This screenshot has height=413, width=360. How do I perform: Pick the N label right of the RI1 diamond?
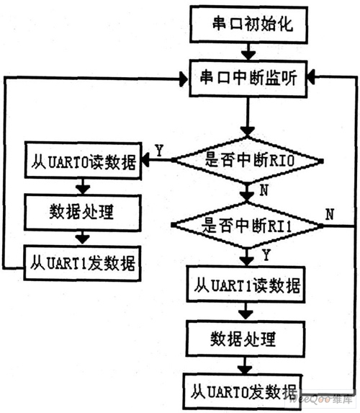(329, 214)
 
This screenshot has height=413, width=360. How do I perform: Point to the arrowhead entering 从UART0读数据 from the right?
(153, 160)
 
